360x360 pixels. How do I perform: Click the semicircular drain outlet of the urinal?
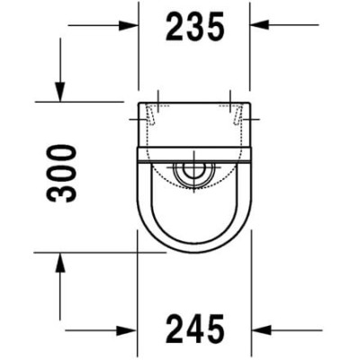coord(193,173)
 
